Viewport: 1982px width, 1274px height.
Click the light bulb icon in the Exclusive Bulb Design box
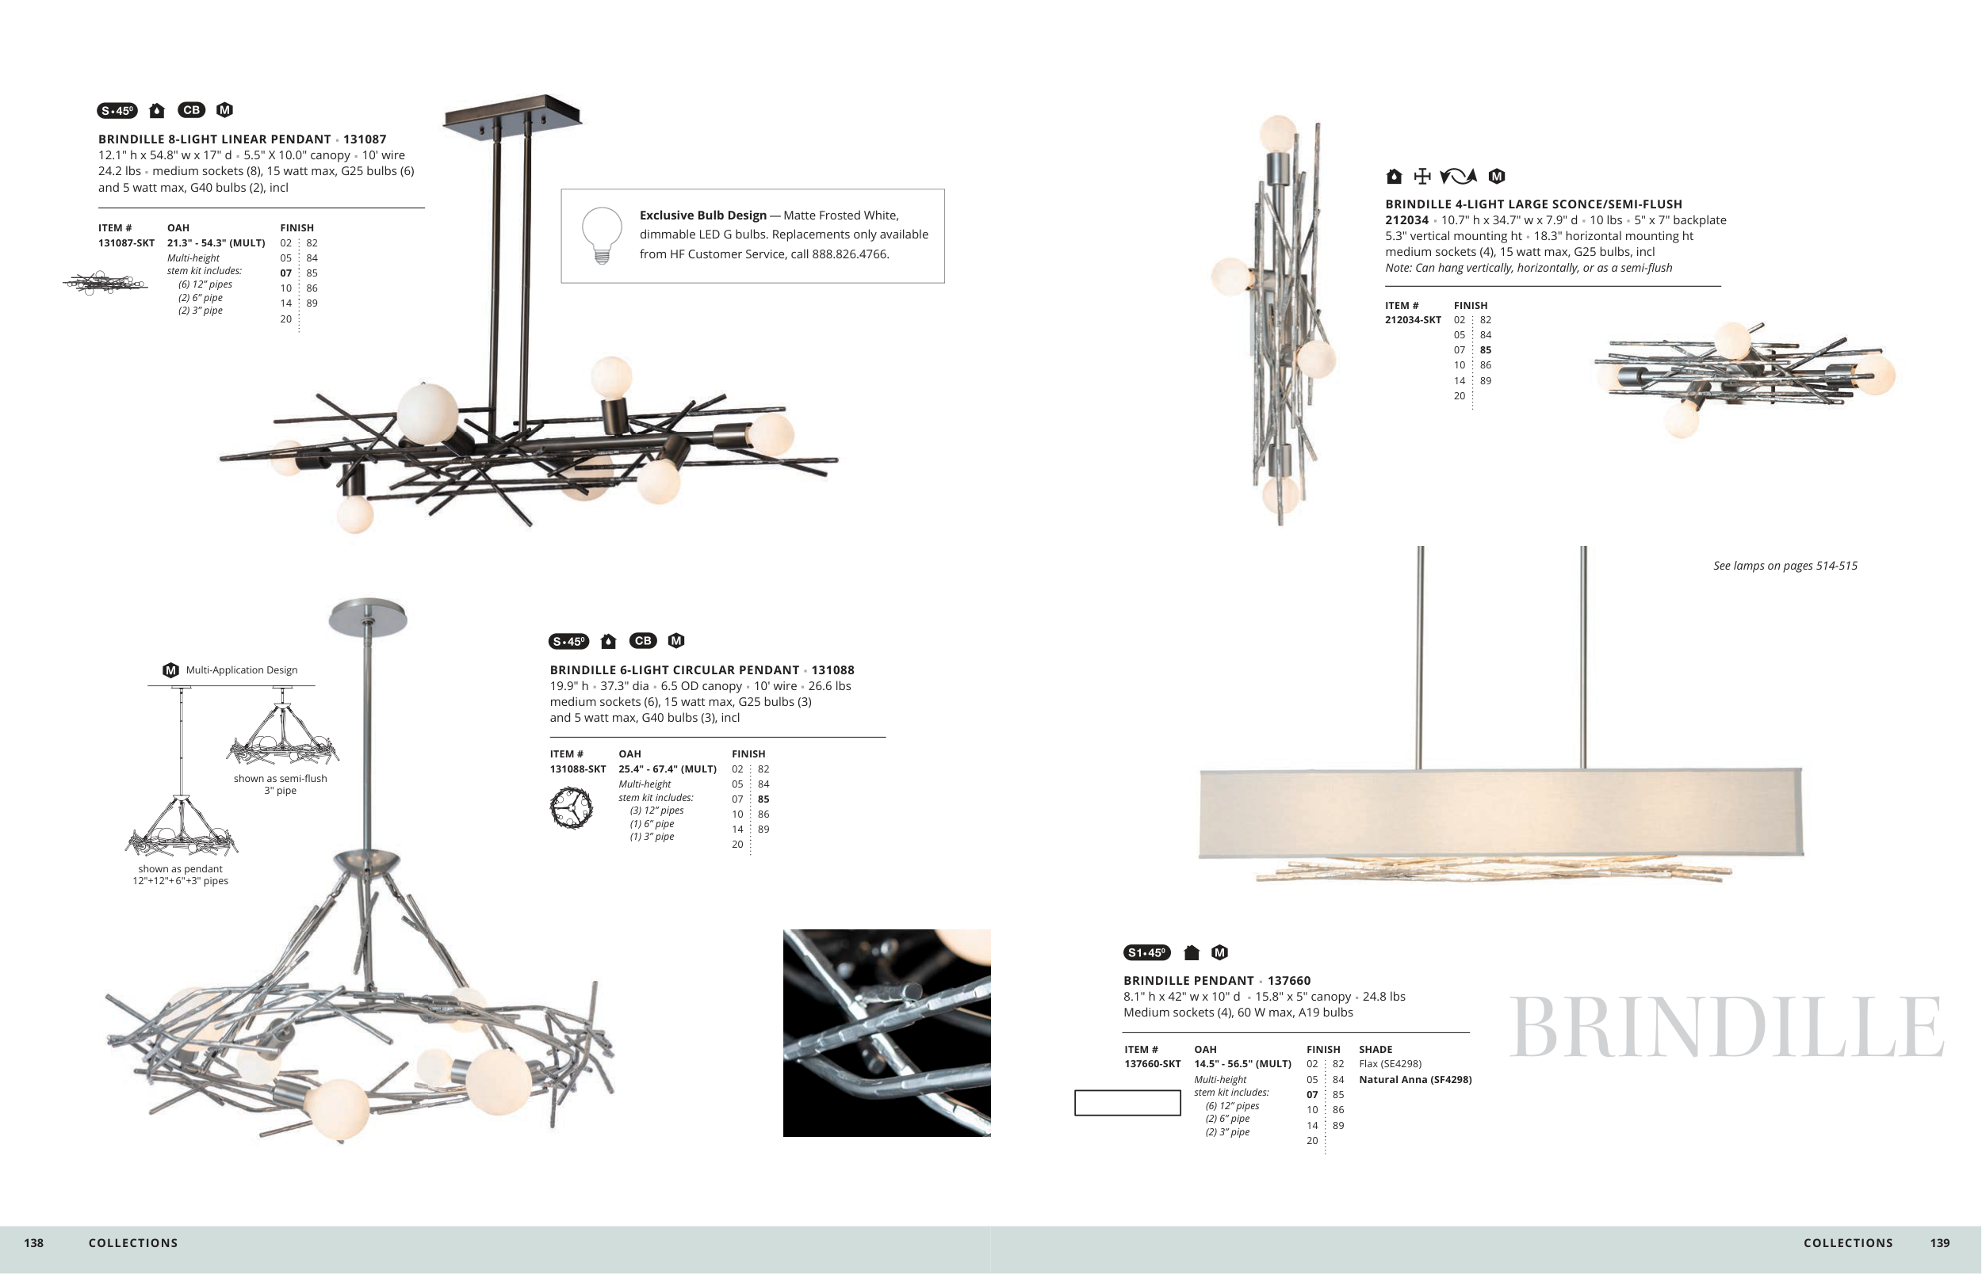(602, 235)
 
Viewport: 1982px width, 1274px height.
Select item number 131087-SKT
(126, 243)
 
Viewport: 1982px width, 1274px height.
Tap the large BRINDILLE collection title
(1726, 1028)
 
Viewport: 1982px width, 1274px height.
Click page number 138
(34, 1242)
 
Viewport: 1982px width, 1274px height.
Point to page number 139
(1940, 1242)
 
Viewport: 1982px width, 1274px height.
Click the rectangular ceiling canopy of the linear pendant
(512, 113)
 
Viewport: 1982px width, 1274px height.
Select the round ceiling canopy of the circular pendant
(369, 616)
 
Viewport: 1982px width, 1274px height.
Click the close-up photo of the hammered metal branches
(886, 1032)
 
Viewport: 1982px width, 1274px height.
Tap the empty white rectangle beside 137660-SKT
(1127, 1103)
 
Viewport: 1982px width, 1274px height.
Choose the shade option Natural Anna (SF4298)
(1415, 1080)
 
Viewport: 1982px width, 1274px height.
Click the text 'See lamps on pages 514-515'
(1785, 566)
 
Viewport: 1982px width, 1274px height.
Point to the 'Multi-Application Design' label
(241, 670)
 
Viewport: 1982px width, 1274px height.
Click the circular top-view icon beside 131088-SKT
(571, 807)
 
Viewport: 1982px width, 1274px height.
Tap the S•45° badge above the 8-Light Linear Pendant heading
(117, 111)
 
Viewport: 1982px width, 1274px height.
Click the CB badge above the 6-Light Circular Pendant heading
(643, 641)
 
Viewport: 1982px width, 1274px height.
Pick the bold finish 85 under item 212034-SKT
(1486, 350)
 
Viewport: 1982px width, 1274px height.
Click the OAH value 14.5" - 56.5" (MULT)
(1242, 1064)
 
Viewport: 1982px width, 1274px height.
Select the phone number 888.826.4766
(850, 254)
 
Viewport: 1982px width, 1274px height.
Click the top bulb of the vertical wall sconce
(1277, 134)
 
